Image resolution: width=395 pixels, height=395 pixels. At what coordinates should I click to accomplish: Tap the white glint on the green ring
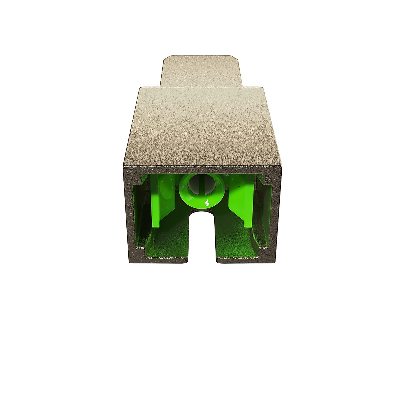click(207, 203)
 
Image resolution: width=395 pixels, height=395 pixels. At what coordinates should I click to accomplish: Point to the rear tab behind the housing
click(201, 71)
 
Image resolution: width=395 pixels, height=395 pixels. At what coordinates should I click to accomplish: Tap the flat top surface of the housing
click(201, 125)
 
